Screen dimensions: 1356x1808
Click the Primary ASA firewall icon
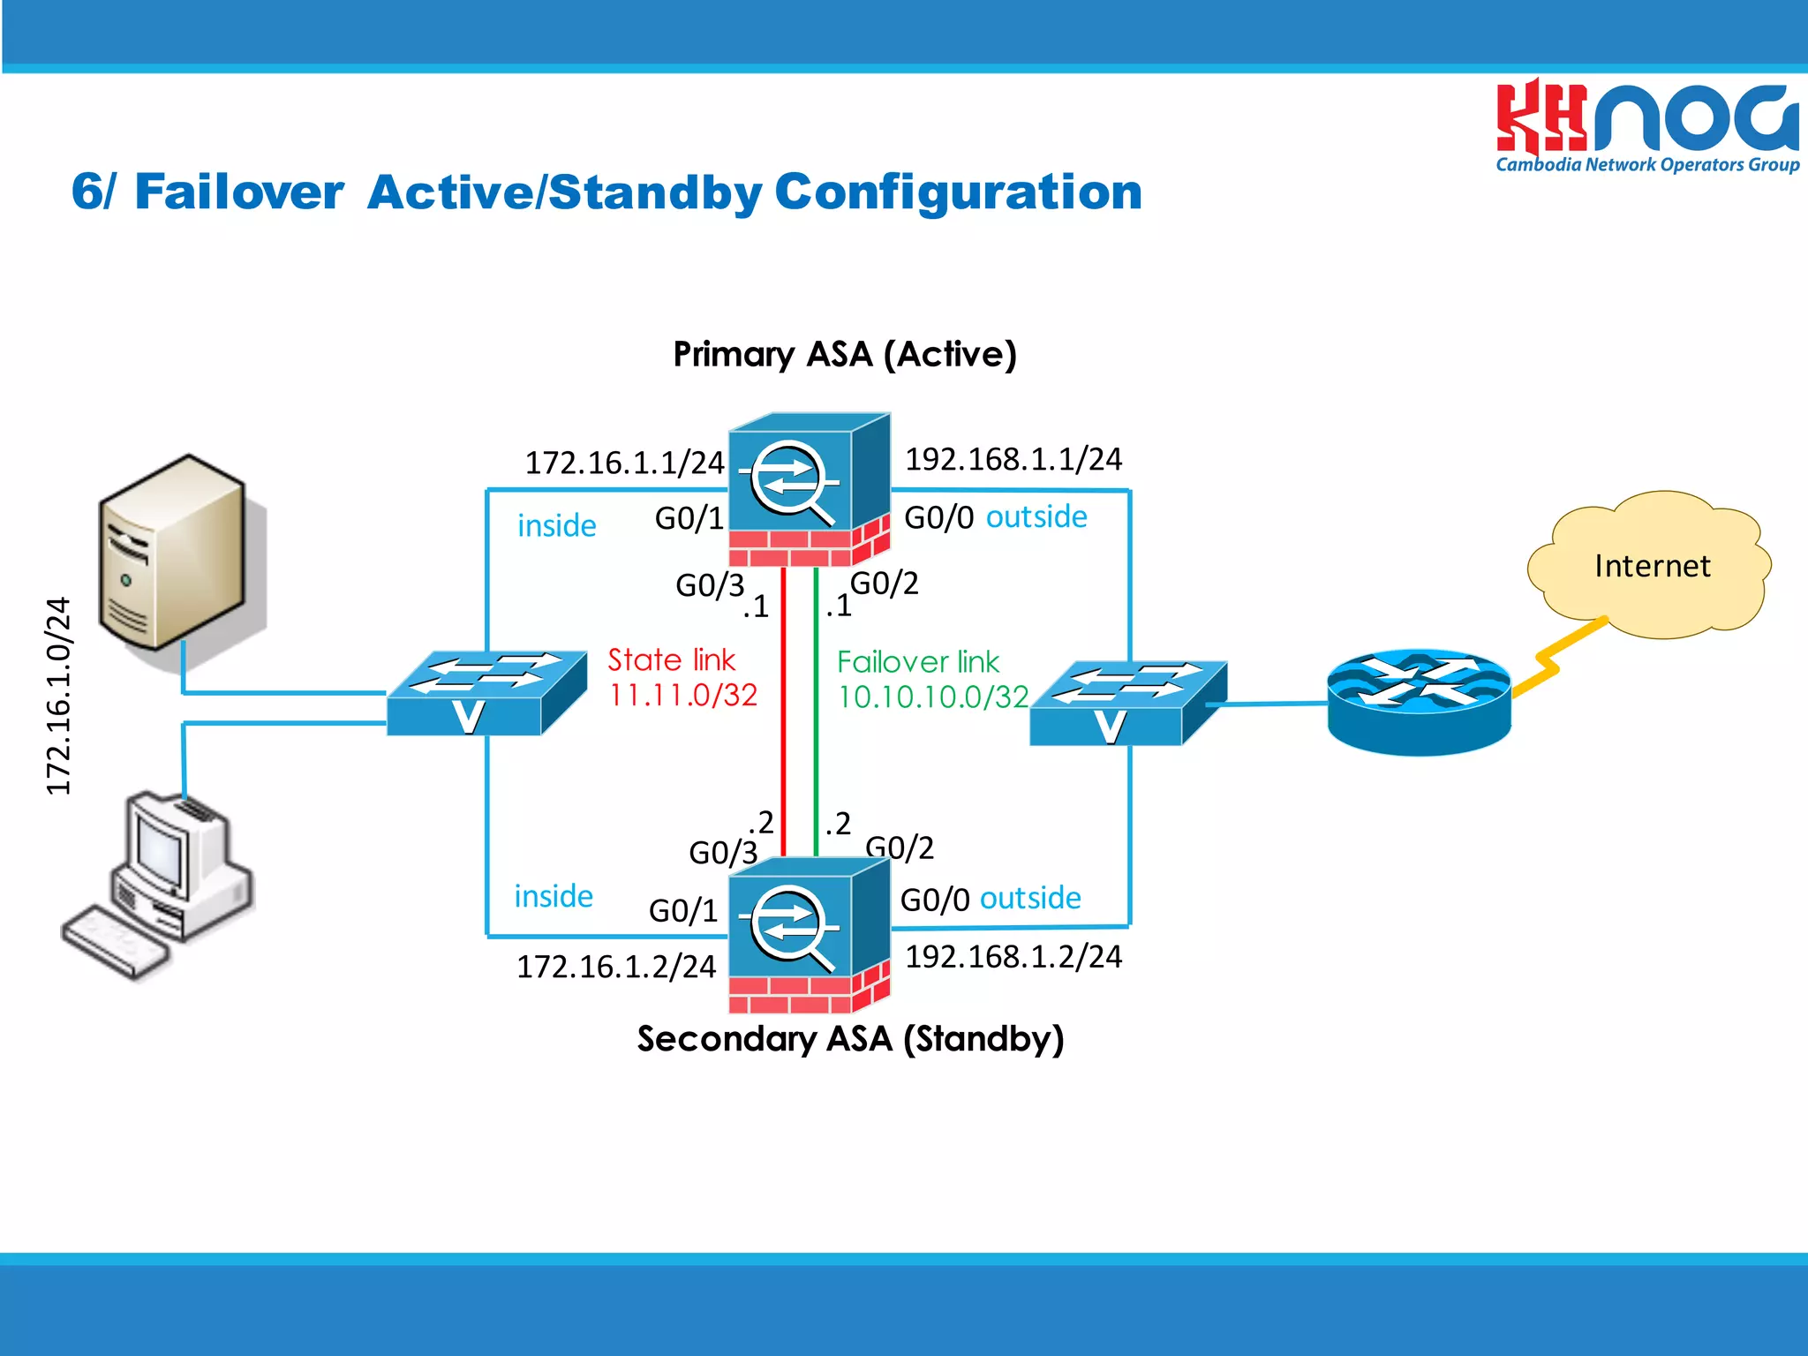pyautogui.click(x=809, y=490)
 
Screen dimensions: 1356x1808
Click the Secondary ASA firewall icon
pyautogui.click(x=809, y=936)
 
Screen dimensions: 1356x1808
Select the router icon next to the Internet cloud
pyautogui.click(x=1419, y=703)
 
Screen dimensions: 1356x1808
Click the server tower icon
pyautogui.click(x=173, y=553)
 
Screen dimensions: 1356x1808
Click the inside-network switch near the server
pyautogui.click(x=486, y=693)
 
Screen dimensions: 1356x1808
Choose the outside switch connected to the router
pyautogui.click(x=1127, y=703)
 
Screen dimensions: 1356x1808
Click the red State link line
pyautogui.click(x=783, y=715)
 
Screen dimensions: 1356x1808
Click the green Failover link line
pyautogui.click(x=816, y=715)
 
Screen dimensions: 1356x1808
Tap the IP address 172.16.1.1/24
pyautogui.click(x=624, y=463)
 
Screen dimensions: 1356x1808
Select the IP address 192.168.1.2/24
pyautogui.click(x=1013, y=957)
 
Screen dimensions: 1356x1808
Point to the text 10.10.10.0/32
pyautogui.click(x=932, y=697)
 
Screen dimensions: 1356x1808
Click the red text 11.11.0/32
pyautogui.click(x=682, y=696)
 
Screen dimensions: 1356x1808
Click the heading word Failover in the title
pyautogui.click(x=238, y=192)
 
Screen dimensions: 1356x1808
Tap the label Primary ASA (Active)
pyautogui.click(x=845, y=354)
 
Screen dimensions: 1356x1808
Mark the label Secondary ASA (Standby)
pyautogui.click(x=850, y=1039)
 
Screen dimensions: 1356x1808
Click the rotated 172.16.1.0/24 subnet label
pyautogui.click(x=58, y=696)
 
